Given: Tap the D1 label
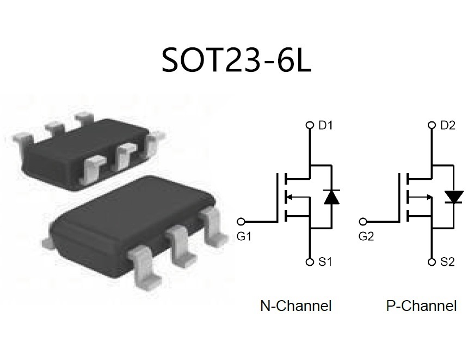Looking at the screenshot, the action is coord(325,125).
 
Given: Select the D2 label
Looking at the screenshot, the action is coord(448,125).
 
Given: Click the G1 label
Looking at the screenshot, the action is coord(244,236).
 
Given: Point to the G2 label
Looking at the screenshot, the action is coord(366,236).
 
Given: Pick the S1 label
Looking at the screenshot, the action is coord(325,261).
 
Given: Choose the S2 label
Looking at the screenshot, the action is coord(447,261).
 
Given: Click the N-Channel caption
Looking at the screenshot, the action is coord(296,306).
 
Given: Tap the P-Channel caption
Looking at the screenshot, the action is coord(421,306).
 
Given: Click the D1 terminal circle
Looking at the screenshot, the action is coord(310,125).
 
